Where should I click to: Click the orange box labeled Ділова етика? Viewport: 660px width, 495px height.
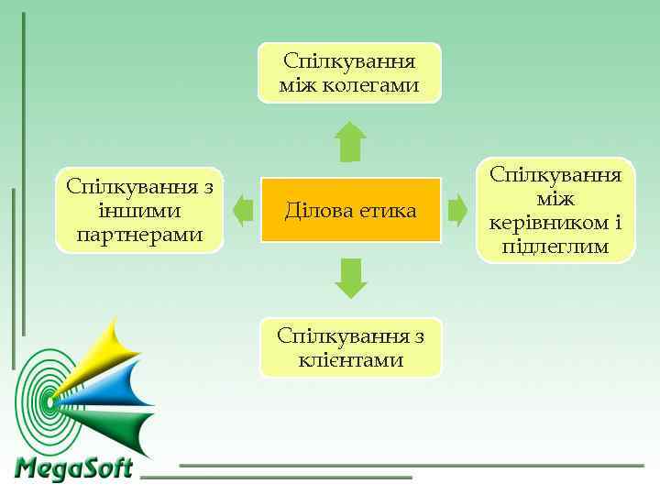(x=350, y=210)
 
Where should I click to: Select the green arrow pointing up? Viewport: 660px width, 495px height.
(x=350, y=142)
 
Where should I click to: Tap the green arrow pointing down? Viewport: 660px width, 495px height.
(x=350, y=279)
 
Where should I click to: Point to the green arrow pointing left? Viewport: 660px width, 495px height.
(x=242, y=210)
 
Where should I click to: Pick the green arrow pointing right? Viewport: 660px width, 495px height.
(x=457, y=210)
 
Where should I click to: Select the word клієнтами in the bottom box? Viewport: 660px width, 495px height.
(x=351, y=359)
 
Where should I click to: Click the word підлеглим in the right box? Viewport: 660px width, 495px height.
(x=555, y=247)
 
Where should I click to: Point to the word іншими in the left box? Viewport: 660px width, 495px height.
(x=139, y=211)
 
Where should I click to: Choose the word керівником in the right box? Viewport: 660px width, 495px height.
(x=544, y=223)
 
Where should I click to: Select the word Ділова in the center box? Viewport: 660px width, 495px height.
(x=314, y=211)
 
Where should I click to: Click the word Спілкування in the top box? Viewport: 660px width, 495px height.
(x=349, y=61)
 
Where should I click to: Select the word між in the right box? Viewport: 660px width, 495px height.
(x=555, y=198)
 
